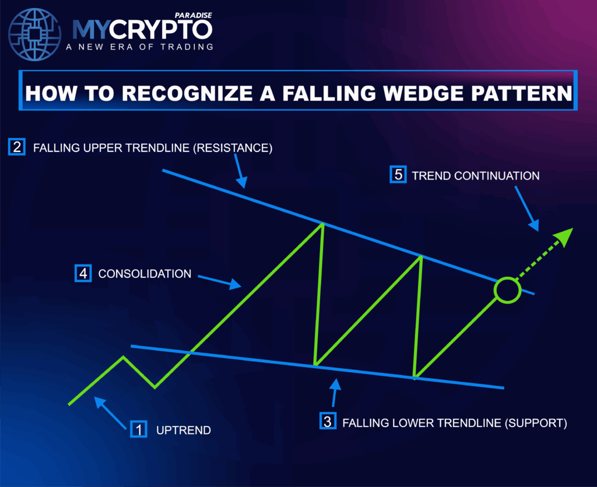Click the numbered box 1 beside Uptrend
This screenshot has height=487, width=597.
pos(138,429)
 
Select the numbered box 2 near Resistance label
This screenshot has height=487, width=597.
pos(16,147)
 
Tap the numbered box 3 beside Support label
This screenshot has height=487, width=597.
pos(328,421)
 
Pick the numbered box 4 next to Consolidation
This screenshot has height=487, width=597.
pos(83,273)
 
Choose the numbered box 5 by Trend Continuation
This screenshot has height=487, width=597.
pos(398,175)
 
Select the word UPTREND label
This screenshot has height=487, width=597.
pos(184,430)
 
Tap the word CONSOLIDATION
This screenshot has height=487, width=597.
pos(145,273)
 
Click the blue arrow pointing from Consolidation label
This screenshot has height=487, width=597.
pos(220,281)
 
